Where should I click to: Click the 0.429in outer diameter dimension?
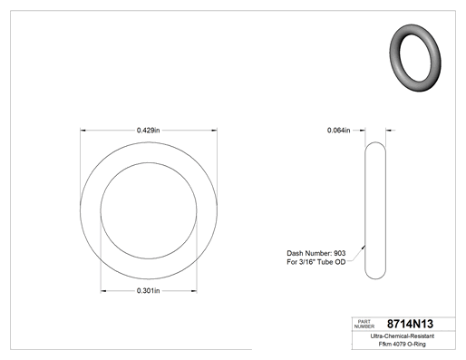point(148,131)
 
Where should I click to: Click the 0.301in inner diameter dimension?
point(148,291)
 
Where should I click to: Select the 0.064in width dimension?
point(338,131)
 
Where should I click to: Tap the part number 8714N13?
point(410,324)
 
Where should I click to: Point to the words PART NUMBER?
point(364,324)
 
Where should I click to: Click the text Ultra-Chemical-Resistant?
point(403,336)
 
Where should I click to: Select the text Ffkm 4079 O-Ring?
point(403,344)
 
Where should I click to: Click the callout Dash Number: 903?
point(316,253)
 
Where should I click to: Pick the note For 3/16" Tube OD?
point(316,262)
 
